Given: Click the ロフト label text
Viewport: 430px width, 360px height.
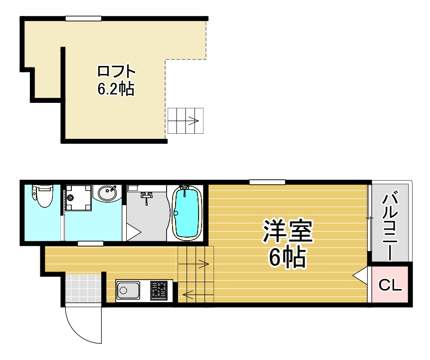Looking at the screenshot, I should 116,71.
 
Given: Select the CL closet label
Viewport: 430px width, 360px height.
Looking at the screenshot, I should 391,286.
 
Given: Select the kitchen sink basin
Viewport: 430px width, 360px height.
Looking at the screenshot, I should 128,290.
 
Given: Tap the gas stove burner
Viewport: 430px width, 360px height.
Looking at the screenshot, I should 160,290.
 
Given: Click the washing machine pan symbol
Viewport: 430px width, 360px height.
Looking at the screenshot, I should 78,198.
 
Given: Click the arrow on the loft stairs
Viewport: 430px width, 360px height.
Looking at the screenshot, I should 192,121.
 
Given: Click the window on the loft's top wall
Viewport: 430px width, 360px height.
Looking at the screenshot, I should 84,18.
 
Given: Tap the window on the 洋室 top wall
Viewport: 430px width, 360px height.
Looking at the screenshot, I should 267,182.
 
